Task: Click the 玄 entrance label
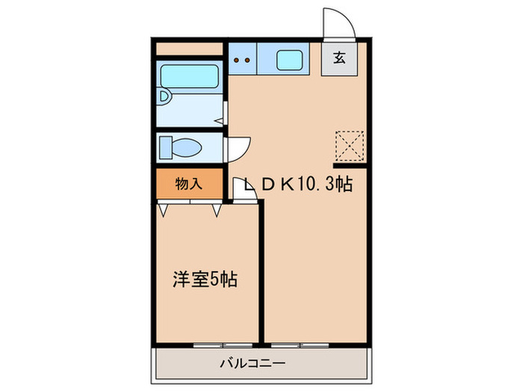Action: click(338, 58)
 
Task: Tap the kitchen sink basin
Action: click(289, 60)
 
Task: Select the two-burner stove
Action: click(242, 59)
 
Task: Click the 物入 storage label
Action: click(188, 184)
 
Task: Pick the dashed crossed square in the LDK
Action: click(349, 146)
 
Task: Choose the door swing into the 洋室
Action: click(242, 191)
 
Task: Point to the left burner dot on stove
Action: click(236, 59)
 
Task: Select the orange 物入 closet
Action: click(190, 184)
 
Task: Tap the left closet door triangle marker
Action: click(162, 211)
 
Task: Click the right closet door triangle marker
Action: click(217, 211)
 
